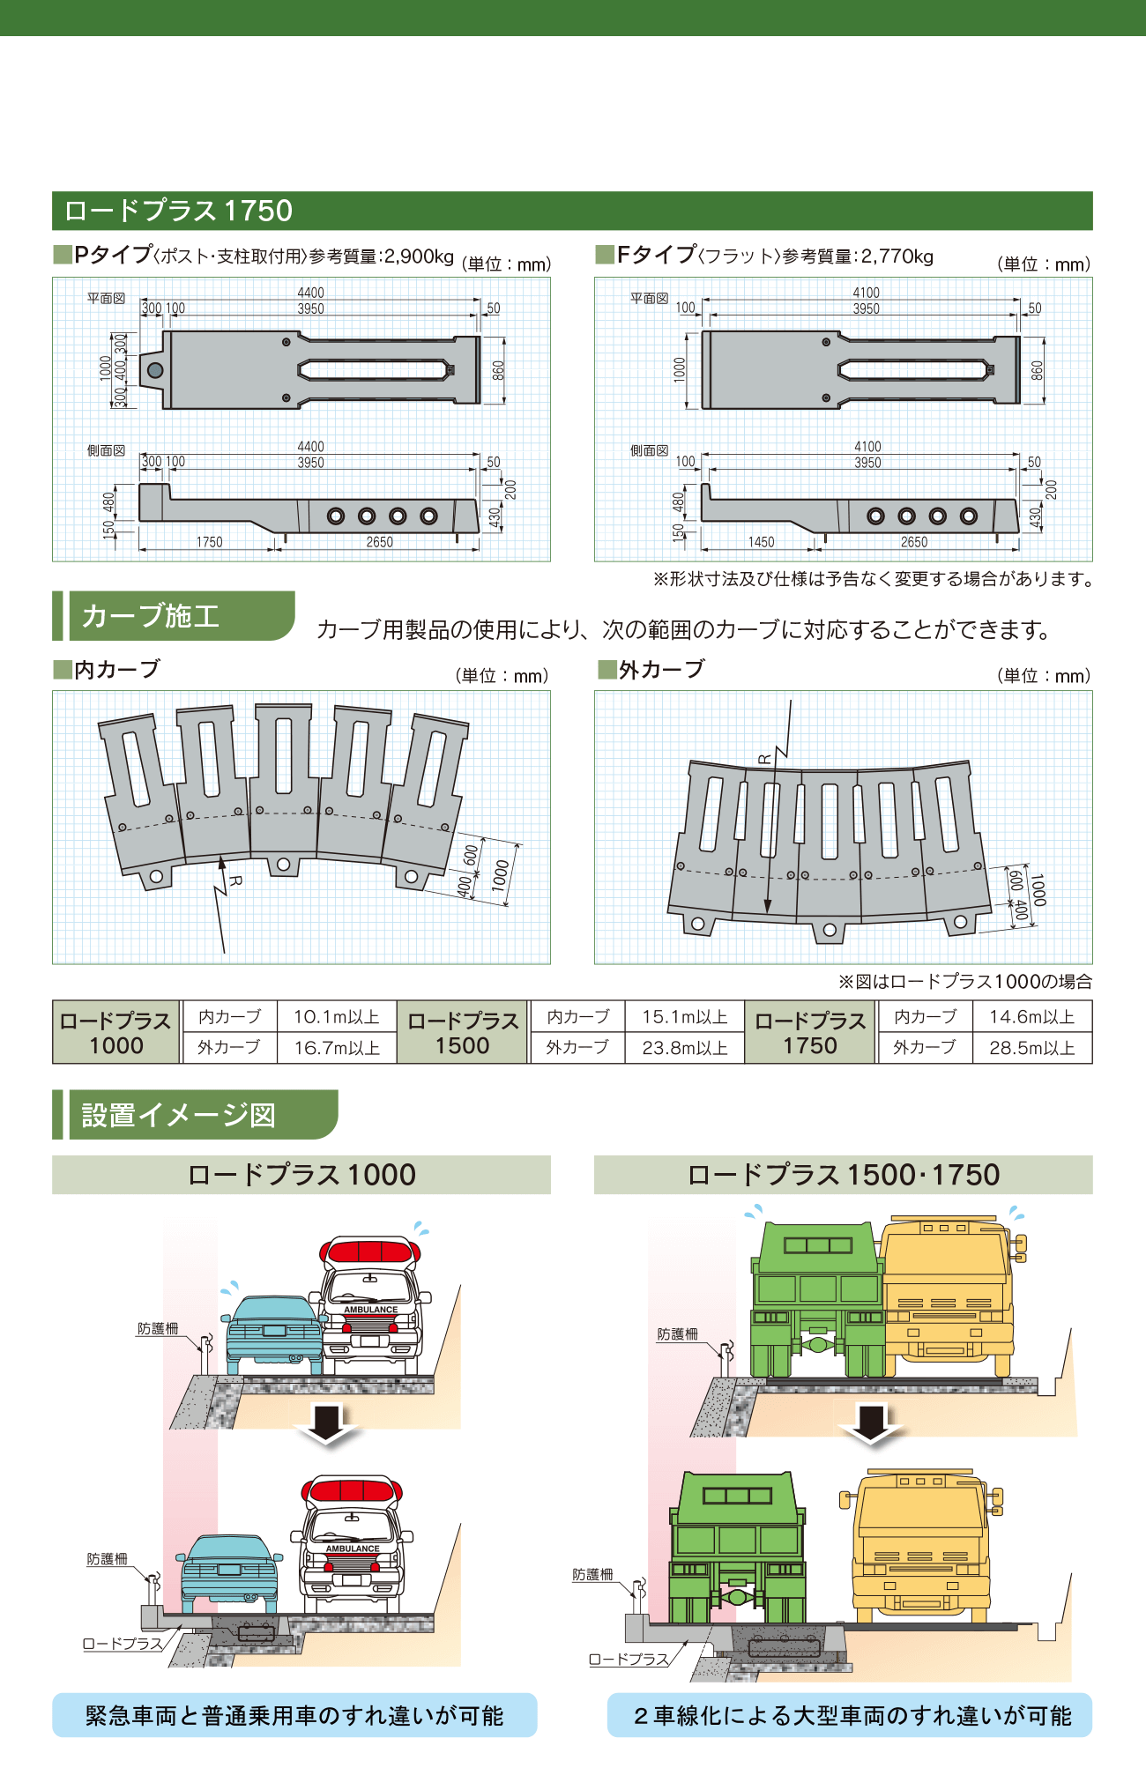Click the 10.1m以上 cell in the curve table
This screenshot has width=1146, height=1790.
pyautogui.click(x=336, y=1017)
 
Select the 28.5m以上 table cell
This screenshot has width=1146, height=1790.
pyautogui.click(x=1031, y=1048)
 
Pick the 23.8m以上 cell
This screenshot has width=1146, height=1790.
pyautogui.click(x=684, y=1048)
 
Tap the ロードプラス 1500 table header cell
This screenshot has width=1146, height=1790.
pyautogui.click(x=463, y=1033)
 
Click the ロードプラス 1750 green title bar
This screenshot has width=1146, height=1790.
pyautogui.click(x=572, y=211)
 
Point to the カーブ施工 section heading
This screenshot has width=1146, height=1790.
pyautogui.click(x=151, y=616)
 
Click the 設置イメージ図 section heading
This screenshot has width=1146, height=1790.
pyautogui.click(x=179, y=1115)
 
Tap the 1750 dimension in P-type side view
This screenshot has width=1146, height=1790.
pyautogui.click(x=209, y=542)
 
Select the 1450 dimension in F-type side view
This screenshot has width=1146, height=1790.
pyautogui.click(x=761, y=542)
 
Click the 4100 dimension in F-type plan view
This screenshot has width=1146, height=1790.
pyautogui.click(x=866, y=293)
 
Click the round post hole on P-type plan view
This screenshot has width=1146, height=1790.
pyautogui.click(x=155, y=370)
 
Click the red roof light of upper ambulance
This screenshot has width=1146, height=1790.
pyautogui.click(x=370, y=1250)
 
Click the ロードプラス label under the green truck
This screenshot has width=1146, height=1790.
pyautogui.click(x=629, y=1659)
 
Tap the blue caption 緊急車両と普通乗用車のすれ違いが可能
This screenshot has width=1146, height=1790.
pyautogui.click(x=294, y=1715)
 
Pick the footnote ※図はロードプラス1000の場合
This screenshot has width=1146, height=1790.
pyautogui.click(x=964, y=981)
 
